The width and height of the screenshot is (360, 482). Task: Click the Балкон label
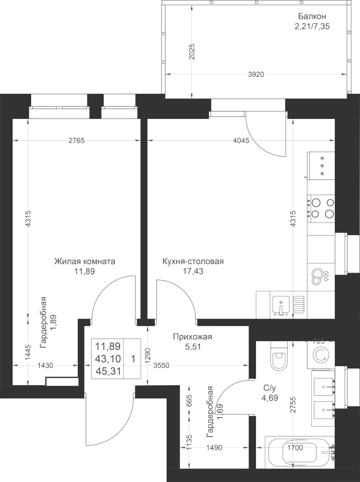312,16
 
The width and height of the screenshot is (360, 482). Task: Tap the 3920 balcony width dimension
256,74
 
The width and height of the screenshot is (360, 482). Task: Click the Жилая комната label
85,261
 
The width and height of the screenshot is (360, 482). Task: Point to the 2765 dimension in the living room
76,141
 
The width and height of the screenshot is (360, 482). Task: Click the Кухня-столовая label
193,261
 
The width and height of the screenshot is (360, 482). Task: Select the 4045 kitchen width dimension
241,141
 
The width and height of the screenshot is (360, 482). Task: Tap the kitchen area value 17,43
193,271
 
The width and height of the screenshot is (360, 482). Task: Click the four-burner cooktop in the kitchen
322,208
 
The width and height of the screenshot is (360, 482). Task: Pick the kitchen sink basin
280,305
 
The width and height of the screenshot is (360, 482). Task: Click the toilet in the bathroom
279,357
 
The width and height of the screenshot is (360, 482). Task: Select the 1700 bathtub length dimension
295,447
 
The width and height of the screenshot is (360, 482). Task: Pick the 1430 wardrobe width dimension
45,365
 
